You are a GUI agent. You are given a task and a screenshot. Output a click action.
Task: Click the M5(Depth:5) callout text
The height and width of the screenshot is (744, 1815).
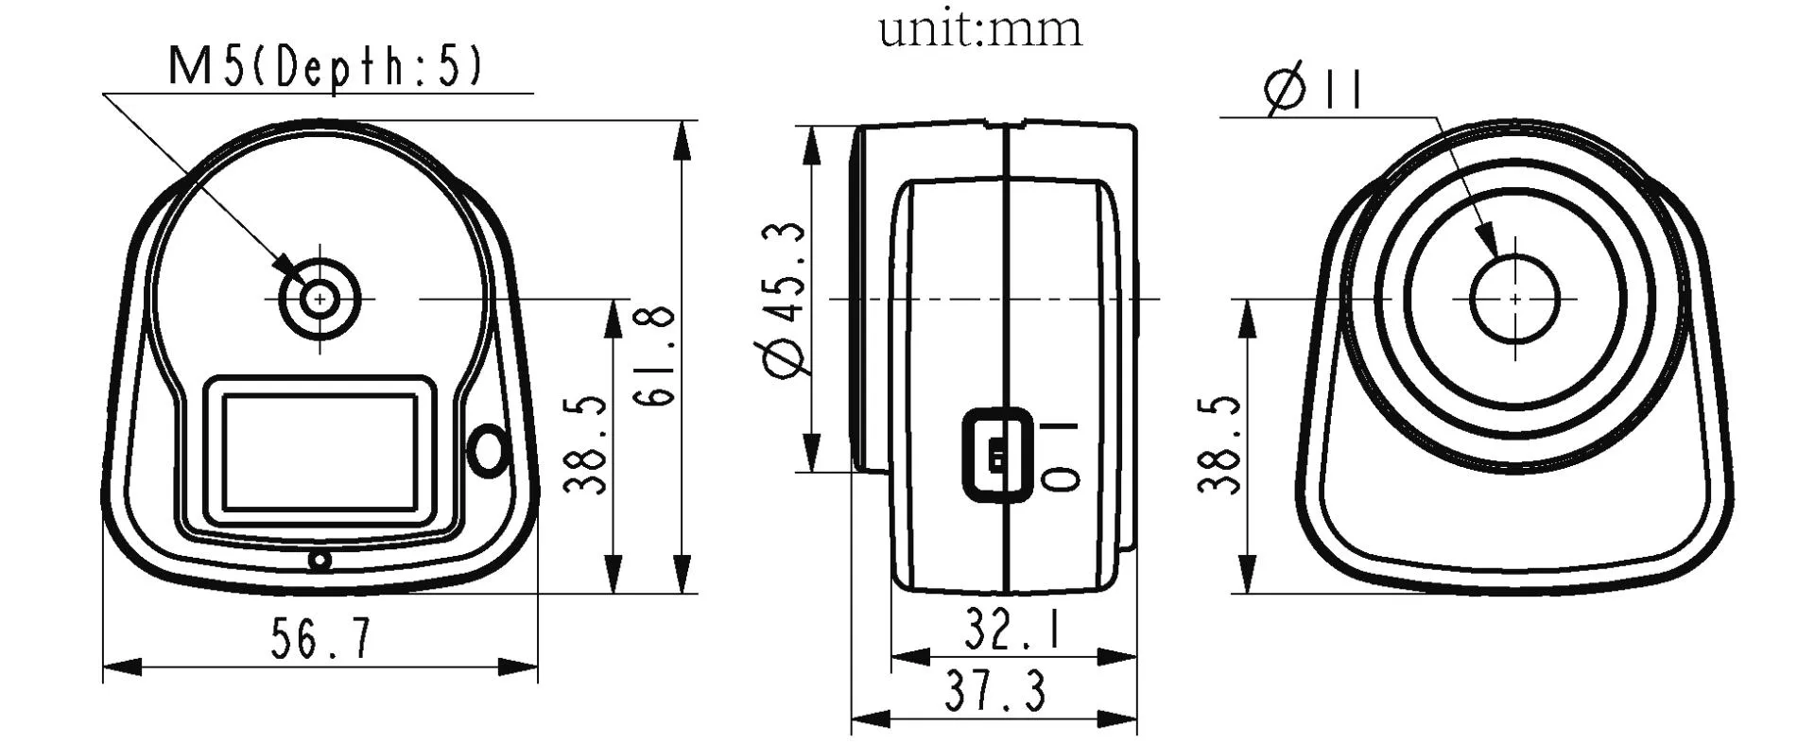325,67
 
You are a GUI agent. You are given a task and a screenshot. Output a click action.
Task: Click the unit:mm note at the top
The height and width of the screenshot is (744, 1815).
979,28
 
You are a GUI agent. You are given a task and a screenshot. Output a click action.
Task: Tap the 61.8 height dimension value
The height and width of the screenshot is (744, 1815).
656,356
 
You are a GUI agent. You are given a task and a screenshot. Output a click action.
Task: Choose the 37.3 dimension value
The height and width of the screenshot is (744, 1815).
995,693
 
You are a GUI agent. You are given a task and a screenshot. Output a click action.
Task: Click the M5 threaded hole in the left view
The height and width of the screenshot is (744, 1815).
320,299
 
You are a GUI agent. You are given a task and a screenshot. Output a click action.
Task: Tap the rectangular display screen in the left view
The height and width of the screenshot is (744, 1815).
320,451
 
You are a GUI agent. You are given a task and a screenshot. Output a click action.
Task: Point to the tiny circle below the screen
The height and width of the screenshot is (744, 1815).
320,562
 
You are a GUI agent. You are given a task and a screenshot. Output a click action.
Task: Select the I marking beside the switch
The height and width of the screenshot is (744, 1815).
1059,425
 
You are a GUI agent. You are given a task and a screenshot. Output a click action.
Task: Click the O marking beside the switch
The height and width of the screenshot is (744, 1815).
1060,478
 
